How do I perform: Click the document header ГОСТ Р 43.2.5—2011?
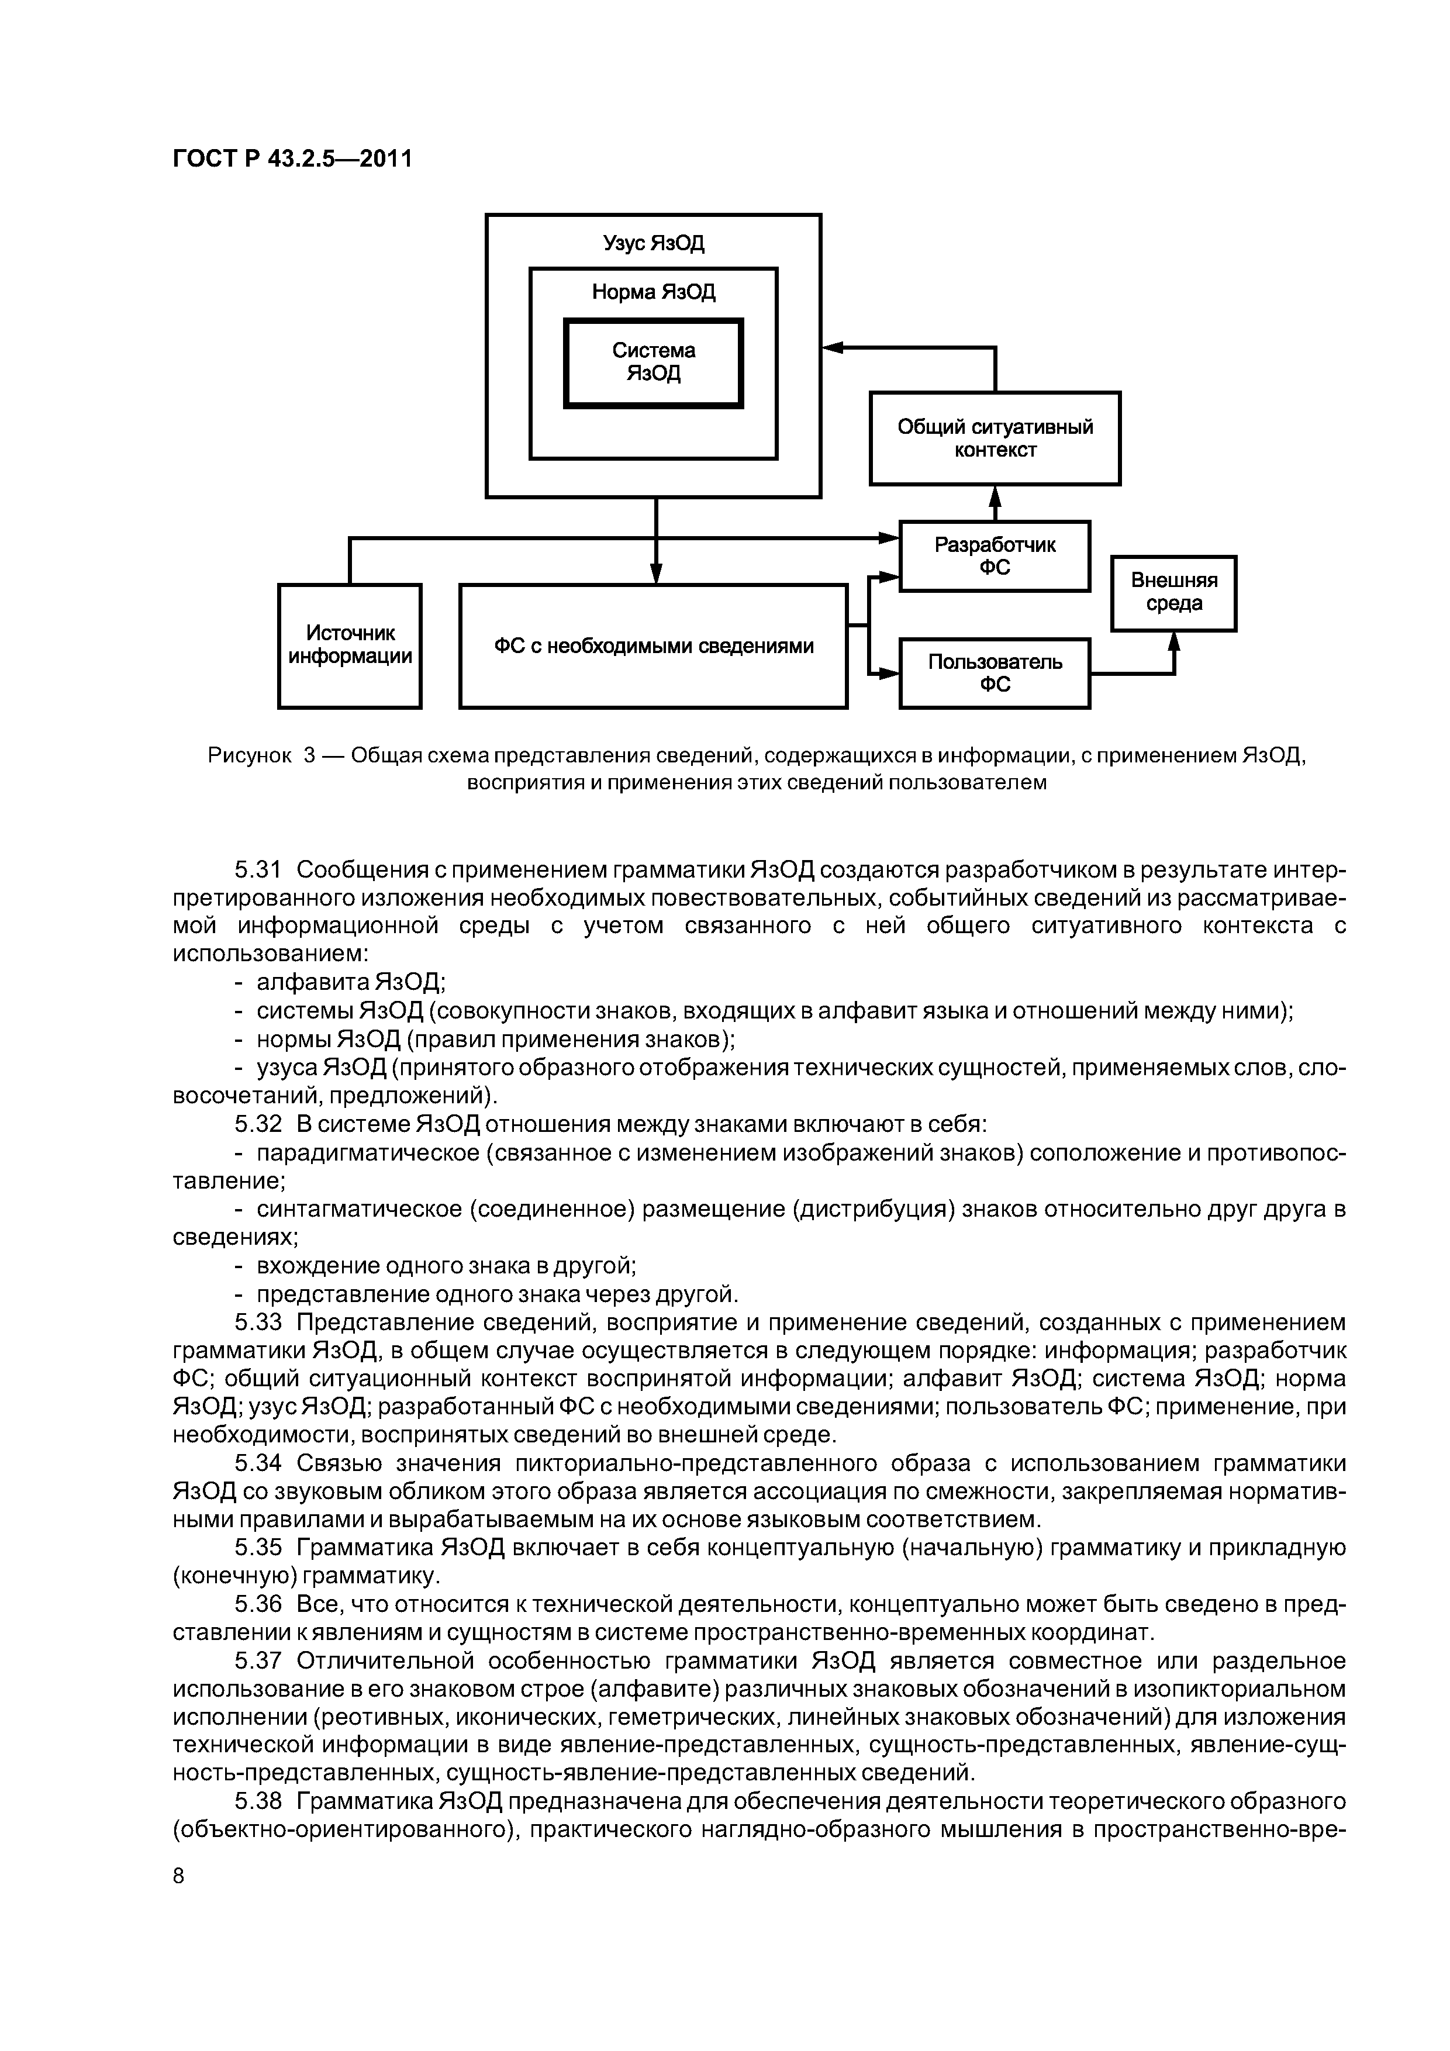[292, 159]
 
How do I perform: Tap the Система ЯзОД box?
[653, 362]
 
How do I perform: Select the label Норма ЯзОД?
[653, 293]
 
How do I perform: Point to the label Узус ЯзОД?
[653, 243]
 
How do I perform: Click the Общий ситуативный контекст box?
[995, 438]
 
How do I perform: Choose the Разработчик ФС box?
[995, 555]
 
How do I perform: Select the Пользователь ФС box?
[995, 672]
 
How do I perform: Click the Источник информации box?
[349, 645]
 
